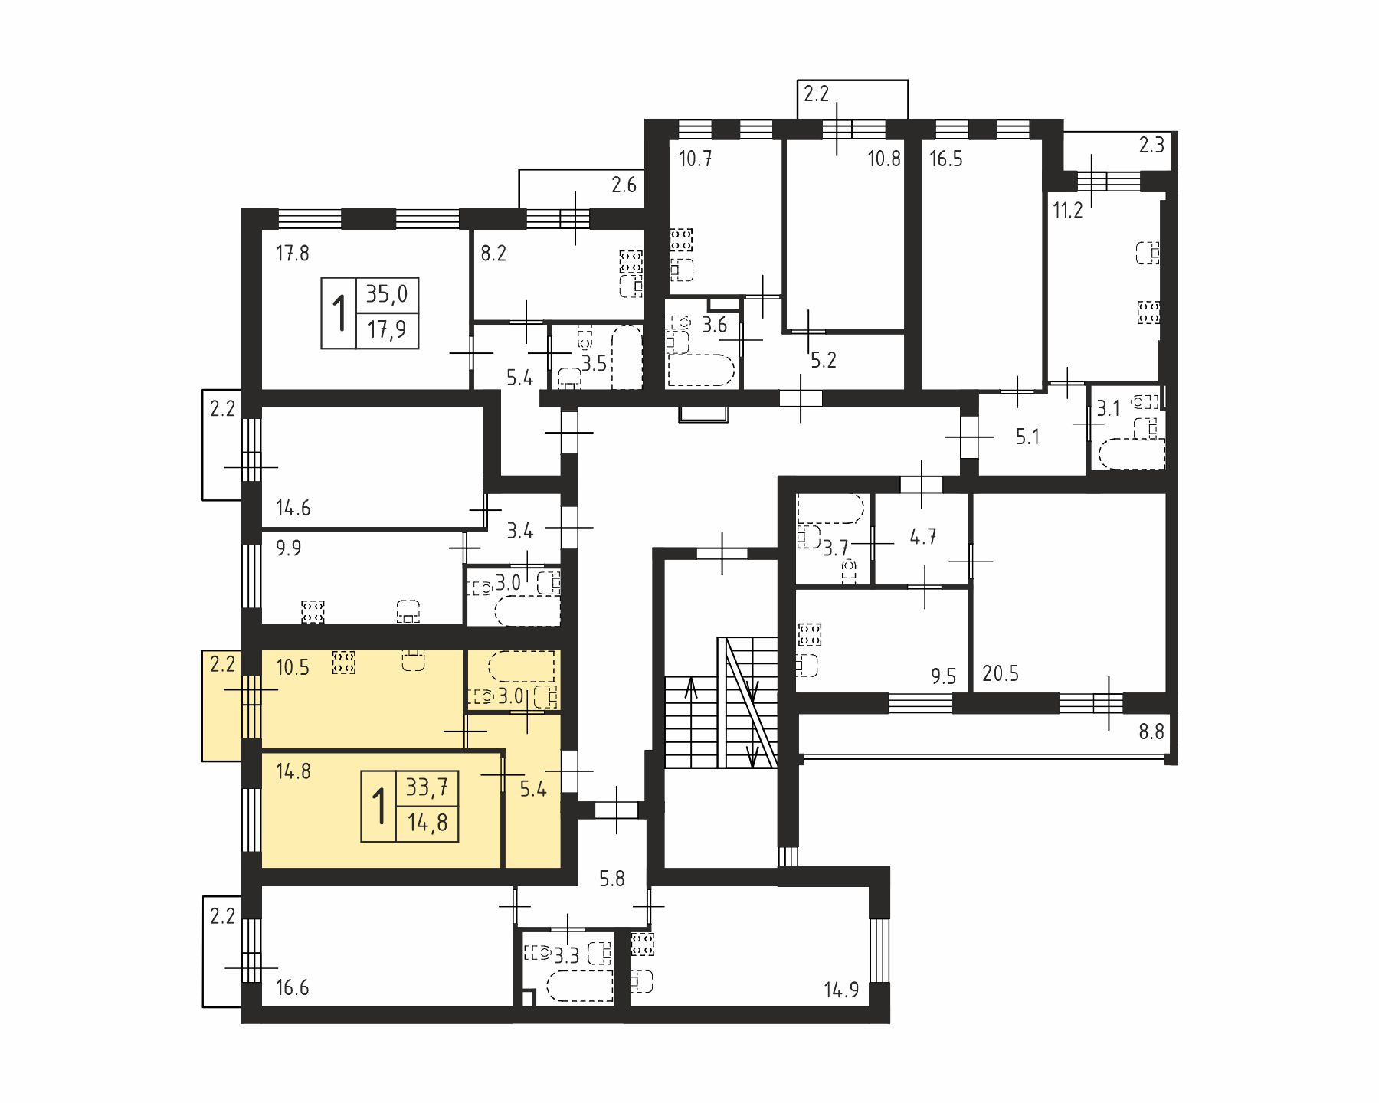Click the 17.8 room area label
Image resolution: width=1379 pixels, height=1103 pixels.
coord(293,253)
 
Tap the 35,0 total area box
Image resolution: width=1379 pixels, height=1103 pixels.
coord(369,313)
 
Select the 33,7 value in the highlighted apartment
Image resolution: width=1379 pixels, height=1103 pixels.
coord(427,787)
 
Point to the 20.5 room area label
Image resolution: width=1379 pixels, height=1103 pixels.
coord(1001,673)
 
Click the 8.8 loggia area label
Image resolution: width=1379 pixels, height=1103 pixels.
coord(1151,732)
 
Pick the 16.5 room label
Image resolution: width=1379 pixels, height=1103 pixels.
coord(946,159)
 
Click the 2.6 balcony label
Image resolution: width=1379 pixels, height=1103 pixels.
coord(624,185)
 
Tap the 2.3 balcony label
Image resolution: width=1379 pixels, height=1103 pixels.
coord(1151,145)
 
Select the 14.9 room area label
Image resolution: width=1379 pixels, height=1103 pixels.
coord(841,990)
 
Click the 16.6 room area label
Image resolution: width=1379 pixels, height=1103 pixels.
coord(293,987)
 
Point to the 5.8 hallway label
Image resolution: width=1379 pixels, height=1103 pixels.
coord(612,879)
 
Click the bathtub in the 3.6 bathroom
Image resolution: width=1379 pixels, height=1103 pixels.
coord(702,370)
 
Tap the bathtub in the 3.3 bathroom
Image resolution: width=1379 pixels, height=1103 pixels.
coord(581,986)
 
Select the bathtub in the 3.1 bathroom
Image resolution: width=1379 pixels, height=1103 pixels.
coord(1132,454)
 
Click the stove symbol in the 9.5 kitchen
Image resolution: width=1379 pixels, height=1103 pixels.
coord(810,635)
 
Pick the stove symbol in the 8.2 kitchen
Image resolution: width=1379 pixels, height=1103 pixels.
coord(631,261)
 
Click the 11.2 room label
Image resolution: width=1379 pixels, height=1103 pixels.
coord(1068,210)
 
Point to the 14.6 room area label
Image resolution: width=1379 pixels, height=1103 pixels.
coord(293,508)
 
